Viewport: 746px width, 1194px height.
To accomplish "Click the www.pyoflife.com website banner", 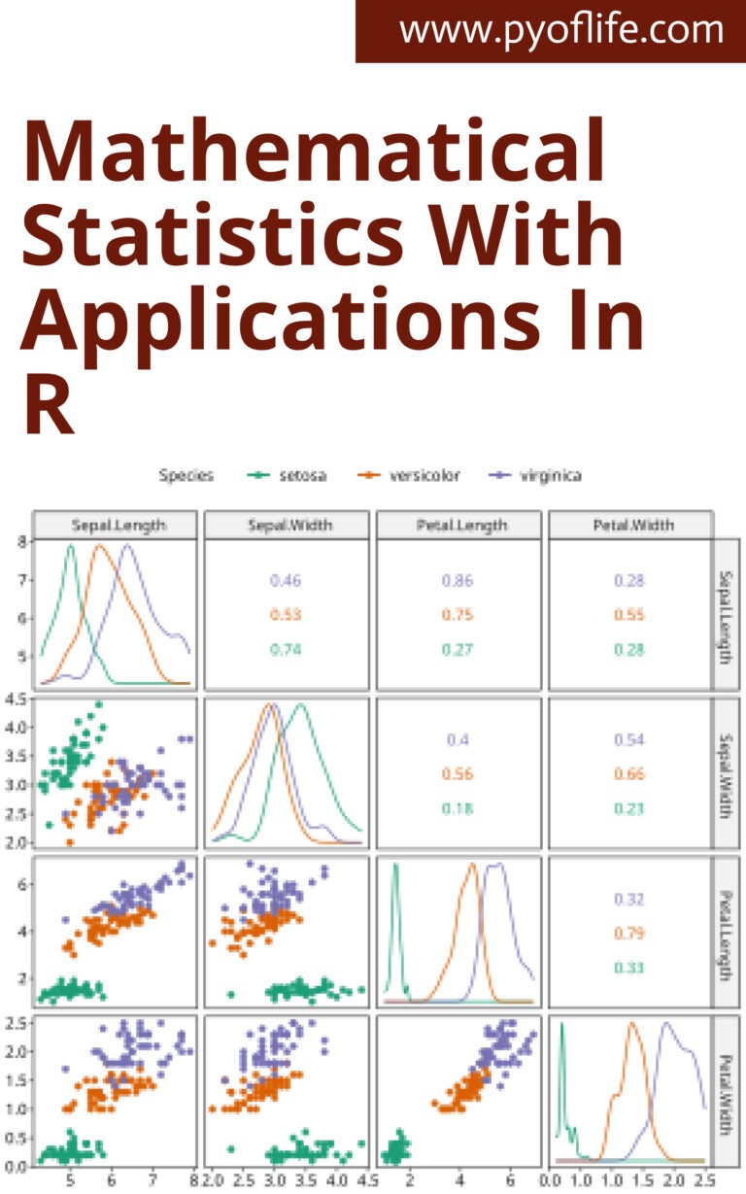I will (x=561, y=30).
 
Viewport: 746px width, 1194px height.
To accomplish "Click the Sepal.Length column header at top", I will (x=118, y=525).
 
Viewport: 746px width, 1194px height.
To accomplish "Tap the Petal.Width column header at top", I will (x=630, y=525).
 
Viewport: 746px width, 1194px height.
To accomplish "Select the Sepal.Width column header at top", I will (x=287, y=525).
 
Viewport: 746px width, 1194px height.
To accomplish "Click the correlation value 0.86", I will (x=458, y=581).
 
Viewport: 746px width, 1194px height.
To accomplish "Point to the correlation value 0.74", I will (x=286, y=650).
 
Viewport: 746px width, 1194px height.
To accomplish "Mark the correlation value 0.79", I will (x=629, y=933).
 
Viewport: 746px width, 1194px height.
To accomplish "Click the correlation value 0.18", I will (x=458, y=808).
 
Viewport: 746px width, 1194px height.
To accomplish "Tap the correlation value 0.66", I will (x=629, y=773).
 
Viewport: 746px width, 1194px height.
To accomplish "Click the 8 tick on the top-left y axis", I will (x=22, y=542).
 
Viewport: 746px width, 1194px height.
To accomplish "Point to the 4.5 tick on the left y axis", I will (x=17, y=698).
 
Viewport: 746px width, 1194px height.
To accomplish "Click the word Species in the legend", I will (x=186, y=475).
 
